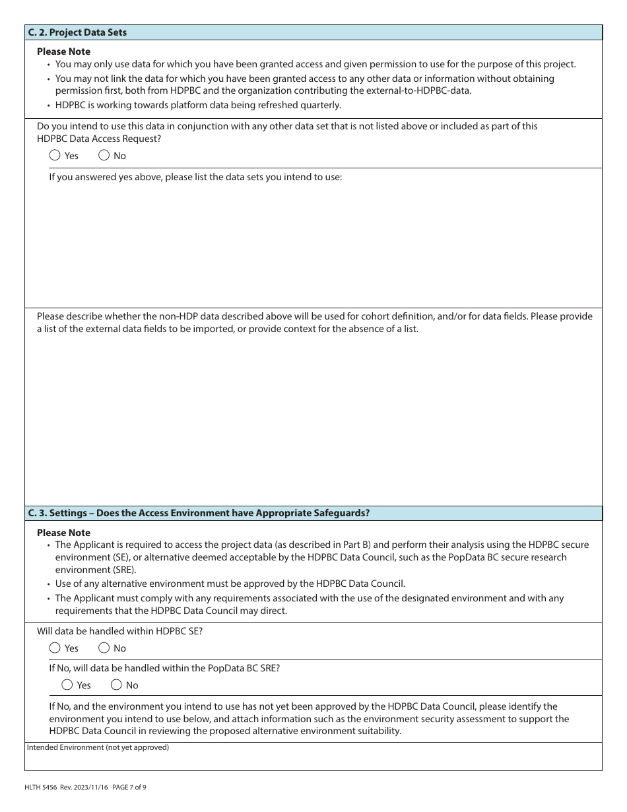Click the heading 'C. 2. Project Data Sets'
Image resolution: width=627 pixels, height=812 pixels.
77,32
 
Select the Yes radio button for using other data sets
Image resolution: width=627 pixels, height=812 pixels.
55,156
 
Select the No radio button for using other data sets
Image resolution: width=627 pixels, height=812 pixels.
104,156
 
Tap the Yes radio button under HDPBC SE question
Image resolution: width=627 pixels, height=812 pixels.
55,648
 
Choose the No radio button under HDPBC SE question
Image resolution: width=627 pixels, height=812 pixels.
104,648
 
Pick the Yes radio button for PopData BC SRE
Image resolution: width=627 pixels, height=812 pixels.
67,685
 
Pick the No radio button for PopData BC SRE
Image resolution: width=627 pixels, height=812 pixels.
117,685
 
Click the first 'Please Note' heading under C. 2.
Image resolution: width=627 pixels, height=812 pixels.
63,51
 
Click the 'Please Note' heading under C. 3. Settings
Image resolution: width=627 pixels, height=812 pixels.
63,533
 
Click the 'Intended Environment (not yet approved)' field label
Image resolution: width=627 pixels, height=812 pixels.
98,747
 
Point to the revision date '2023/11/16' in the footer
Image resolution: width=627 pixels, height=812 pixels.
83,787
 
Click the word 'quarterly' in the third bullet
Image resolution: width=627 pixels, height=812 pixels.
321,105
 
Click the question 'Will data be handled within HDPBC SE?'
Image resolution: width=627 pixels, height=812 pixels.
119,631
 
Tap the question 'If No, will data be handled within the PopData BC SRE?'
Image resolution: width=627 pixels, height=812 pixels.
164,668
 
